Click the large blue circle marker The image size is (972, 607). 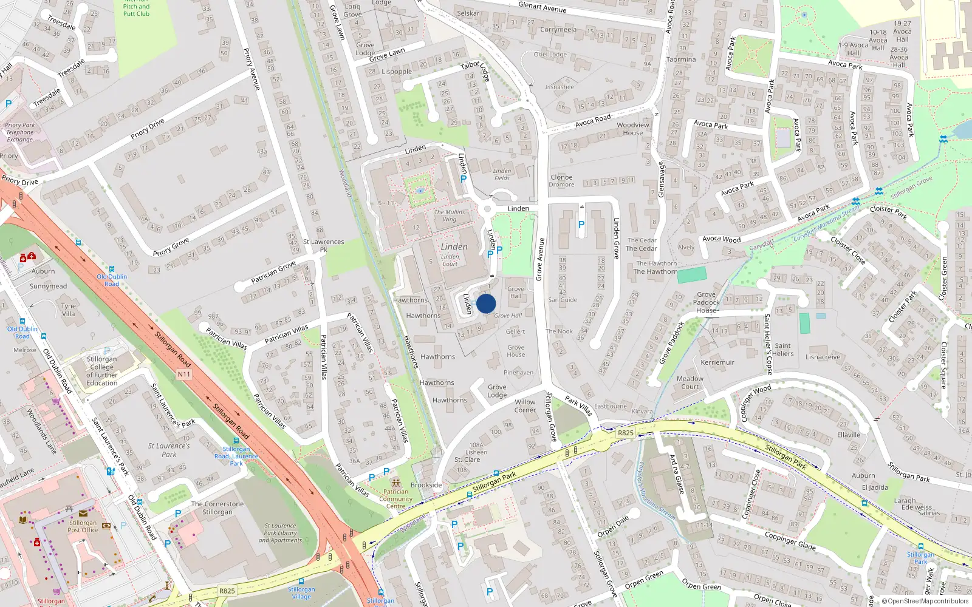coord(486,303)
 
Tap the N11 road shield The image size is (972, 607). coord(184,374)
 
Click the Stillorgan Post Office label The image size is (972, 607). coord(83,526)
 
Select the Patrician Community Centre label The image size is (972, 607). coord(395,499)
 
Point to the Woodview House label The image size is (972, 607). coord(632,129)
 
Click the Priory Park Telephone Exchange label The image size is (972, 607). coord(20,132)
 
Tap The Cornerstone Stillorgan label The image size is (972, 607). coord(217,508)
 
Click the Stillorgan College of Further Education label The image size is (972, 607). coord(102,371)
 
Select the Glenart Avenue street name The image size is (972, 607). coord(542,7)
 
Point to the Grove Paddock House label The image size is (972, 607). coord(706,302)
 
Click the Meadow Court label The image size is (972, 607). coord(690,382)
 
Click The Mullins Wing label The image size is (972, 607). coord(450,215)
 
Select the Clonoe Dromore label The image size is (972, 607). coord(561,181)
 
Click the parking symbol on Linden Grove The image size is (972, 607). coord(581,225)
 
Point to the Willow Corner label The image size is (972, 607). coord(525,405)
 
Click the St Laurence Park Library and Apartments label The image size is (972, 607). coord(280,533)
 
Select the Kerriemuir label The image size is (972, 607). coord(717,362)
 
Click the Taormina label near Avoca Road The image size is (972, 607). coord(681,59)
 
